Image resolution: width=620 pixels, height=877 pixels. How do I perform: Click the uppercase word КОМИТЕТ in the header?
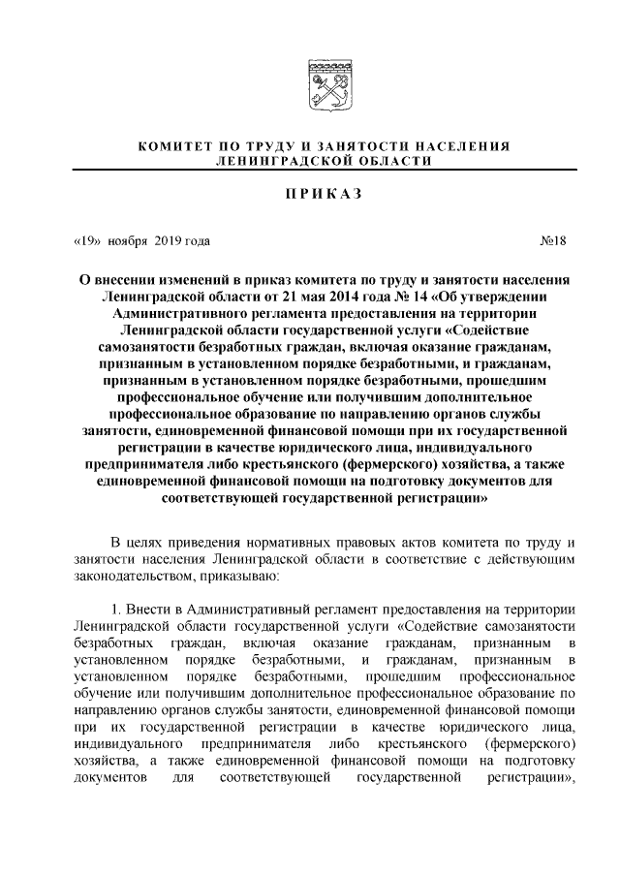click(177, 145)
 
